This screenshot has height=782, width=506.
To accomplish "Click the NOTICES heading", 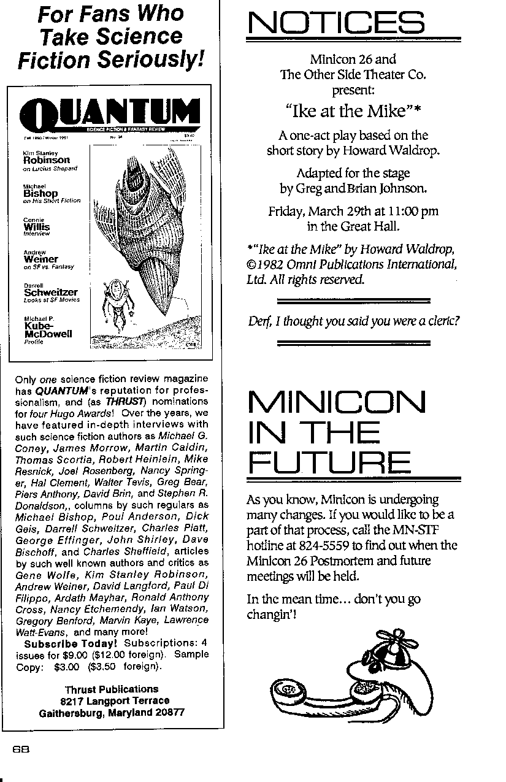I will pos(335,25).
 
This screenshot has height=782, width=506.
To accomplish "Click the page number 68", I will pos(21,749).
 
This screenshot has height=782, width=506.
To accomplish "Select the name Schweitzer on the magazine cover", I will pos(50,293).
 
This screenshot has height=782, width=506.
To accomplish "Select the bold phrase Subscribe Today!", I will pos(71,643).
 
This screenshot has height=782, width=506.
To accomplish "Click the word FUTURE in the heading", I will pos(329,463).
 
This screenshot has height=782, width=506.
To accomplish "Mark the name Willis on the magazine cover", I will pos(37,227).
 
